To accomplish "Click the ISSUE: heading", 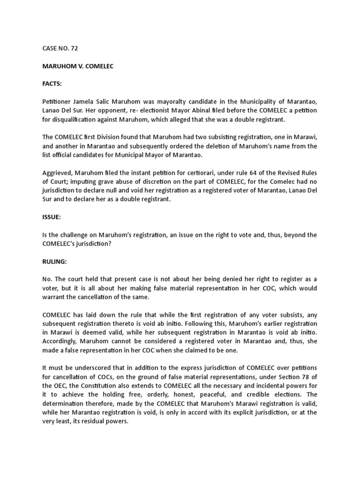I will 50,217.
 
